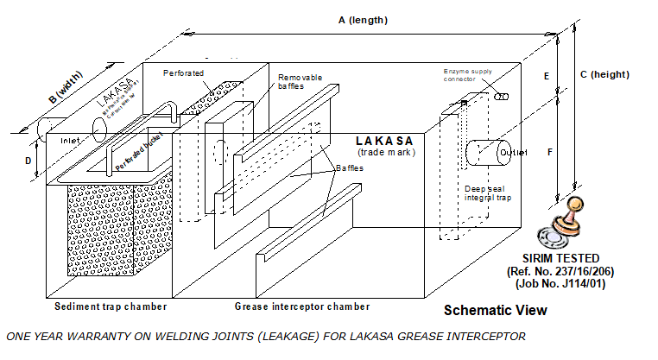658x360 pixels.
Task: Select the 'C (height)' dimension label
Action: tap(604, 74)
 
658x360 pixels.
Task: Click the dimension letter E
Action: tap(546, 76)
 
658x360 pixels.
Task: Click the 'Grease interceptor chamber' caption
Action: tap(302, 306)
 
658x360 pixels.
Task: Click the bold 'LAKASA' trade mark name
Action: tap(384, 141)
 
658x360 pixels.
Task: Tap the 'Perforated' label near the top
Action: tap(184, 73)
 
